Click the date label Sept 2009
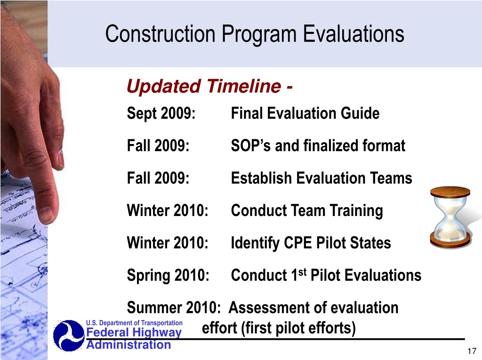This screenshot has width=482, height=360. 161,113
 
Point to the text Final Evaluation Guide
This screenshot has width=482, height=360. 305,113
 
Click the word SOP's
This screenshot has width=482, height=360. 250,145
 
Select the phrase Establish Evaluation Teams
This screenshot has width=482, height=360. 321,178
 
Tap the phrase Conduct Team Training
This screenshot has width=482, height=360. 307,211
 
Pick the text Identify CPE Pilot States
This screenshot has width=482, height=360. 311,243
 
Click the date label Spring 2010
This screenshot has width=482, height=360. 168,275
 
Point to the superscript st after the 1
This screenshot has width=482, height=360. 303,272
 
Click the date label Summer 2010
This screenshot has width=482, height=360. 174,307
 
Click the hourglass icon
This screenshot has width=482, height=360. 450,217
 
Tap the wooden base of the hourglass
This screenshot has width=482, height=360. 450,240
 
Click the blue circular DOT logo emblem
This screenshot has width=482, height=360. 69,336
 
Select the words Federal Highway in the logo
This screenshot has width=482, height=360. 134,332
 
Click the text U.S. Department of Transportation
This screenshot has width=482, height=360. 134,323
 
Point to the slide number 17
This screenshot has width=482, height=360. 472,351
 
